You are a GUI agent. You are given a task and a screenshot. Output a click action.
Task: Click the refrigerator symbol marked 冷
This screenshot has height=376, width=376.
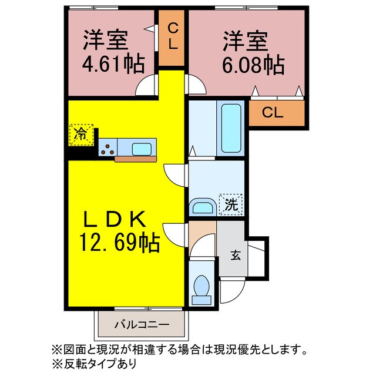[x=82, y=134]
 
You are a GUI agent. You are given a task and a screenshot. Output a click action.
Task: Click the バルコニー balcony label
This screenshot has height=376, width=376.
[x=142, y=324]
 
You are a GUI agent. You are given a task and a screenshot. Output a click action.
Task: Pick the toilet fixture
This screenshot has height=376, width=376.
[x=202, y=287]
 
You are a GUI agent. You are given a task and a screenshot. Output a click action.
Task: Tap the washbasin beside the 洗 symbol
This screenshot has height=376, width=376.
[x=203, y=207]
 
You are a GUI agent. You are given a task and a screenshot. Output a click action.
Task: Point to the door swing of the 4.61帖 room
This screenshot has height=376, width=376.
[x=146, y=86]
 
